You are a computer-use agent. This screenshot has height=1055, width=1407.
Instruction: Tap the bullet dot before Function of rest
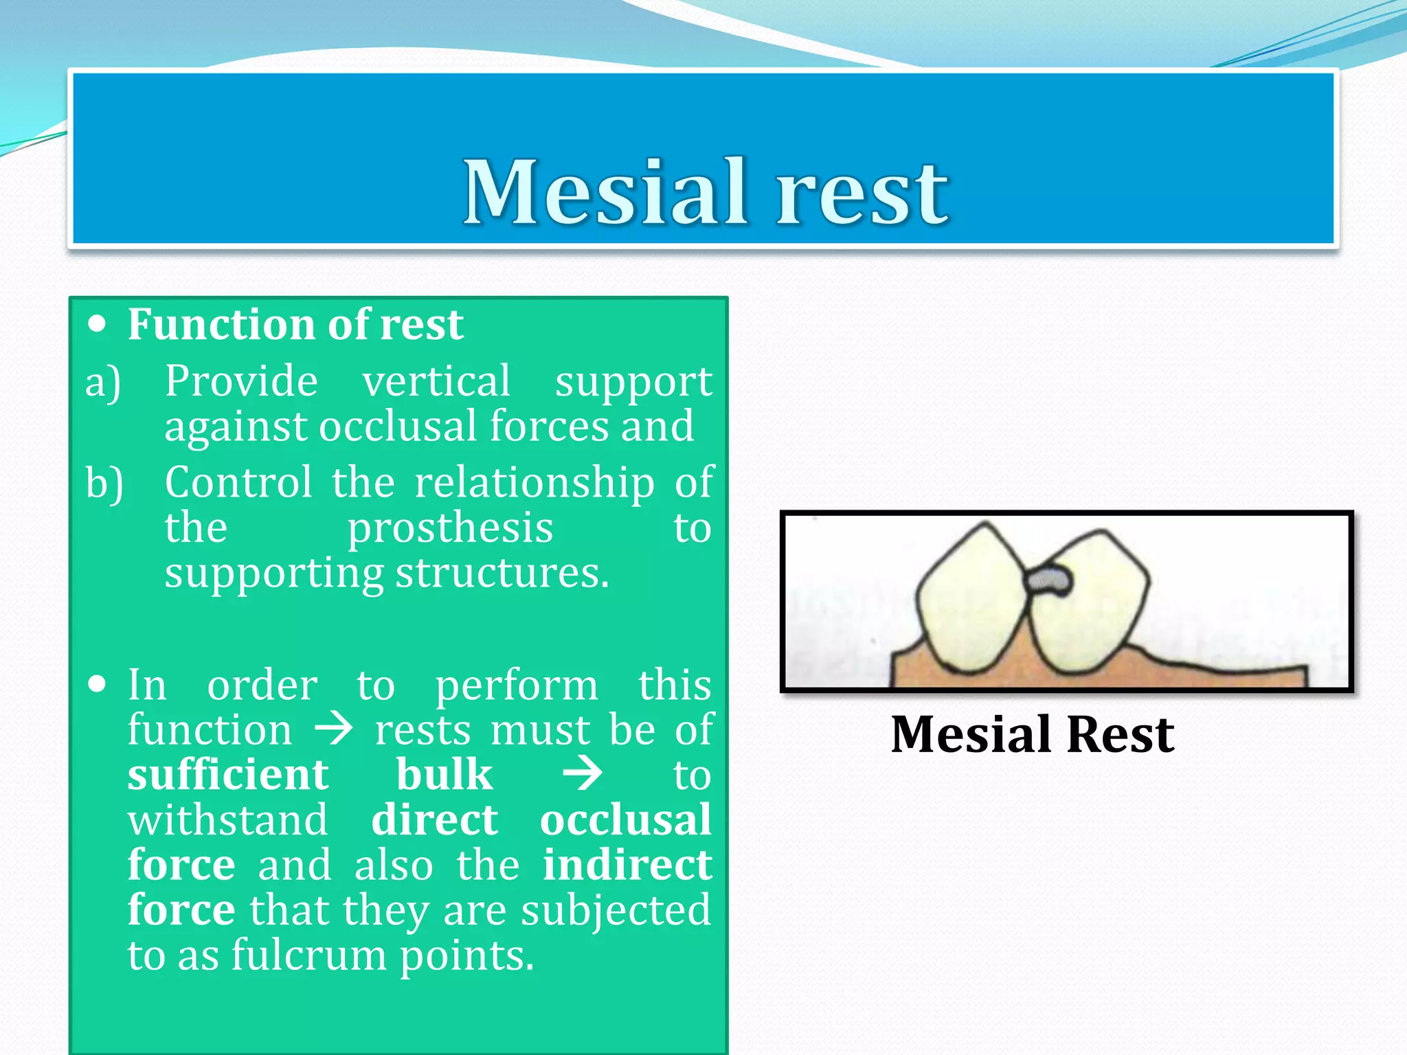(x=98, y=324)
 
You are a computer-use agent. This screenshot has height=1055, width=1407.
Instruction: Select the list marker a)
(x=103, y=382)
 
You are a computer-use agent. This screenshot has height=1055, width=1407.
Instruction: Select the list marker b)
(x=104, y=484)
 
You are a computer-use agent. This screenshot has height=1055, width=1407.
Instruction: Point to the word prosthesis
(x=450, y=529)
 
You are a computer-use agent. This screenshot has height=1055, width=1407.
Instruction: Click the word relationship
(x=534, y=482)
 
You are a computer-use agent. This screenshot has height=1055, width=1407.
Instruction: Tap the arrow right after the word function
(x=334, y=729)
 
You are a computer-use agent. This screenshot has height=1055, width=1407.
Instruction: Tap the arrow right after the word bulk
(x=583, y=775)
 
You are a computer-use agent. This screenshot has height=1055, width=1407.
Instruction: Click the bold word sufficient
(x=228, y=775)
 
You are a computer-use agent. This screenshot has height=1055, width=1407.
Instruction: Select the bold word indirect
(x=627, y=865)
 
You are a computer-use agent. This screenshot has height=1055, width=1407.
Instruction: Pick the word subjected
(x=616, y=911)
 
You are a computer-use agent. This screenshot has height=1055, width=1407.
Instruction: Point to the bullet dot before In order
(x=98, y=684)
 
